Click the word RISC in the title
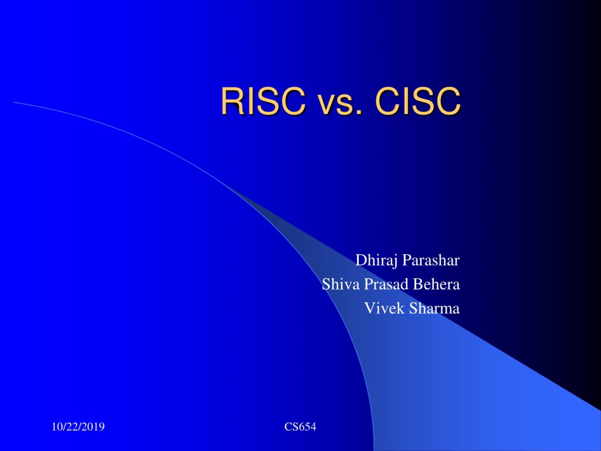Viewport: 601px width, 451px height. (263, 101)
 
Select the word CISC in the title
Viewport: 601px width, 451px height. (418, 101)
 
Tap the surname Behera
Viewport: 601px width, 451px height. (436, 284)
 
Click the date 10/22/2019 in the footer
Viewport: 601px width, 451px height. (78, 427)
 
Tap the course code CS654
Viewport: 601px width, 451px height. (300, 427)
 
